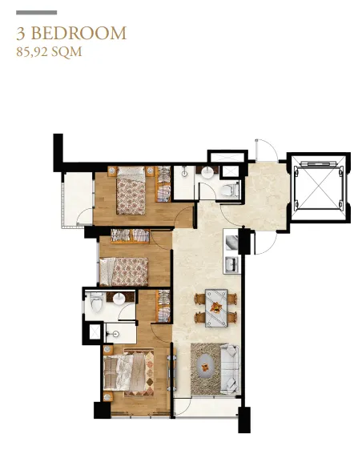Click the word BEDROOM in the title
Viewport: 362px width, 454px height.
click(78, 33)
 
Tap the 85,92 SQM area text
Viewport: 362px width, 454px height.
click(49, 52)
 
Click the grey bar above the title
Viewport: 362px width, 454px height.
click(37, 13)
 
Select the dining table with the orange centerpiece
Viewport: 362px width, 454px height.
click(216, 308)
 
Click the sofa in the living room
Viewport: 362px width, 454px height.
click(230, 369)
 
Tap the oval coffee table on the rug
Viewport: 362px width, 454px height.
click(205, 367)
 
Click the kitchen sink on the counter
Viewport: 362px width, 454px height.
click(231, 264)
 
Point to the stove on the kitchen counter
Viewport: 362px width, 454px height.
click(231, 242)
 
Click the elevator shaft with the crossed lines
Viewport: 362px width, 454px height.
click(318, 187)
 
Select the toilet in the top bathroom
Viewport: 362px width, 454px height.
click(227, 190)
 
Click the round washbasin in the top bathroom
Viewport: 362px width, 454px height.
click(207, 172)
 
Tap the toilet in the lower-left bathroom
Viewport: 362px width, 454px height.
click(97, 302)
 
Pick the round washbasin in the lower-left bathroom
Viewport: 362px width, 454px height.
click(119, 299)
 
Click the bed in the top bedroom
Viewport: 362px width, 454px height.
click(131, 191)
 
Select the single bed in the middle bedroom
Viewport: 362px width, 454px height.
click(123, 271)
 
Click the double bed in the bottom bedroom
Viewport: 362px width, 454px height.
click(129, 372)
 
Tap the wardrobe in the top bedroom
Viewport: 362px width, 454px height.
click(163, 184)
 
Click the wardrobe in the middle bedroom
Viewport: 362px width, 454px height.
click(130, 235)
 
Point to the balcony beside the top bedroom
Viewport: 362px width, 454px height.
click(78, 199)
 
